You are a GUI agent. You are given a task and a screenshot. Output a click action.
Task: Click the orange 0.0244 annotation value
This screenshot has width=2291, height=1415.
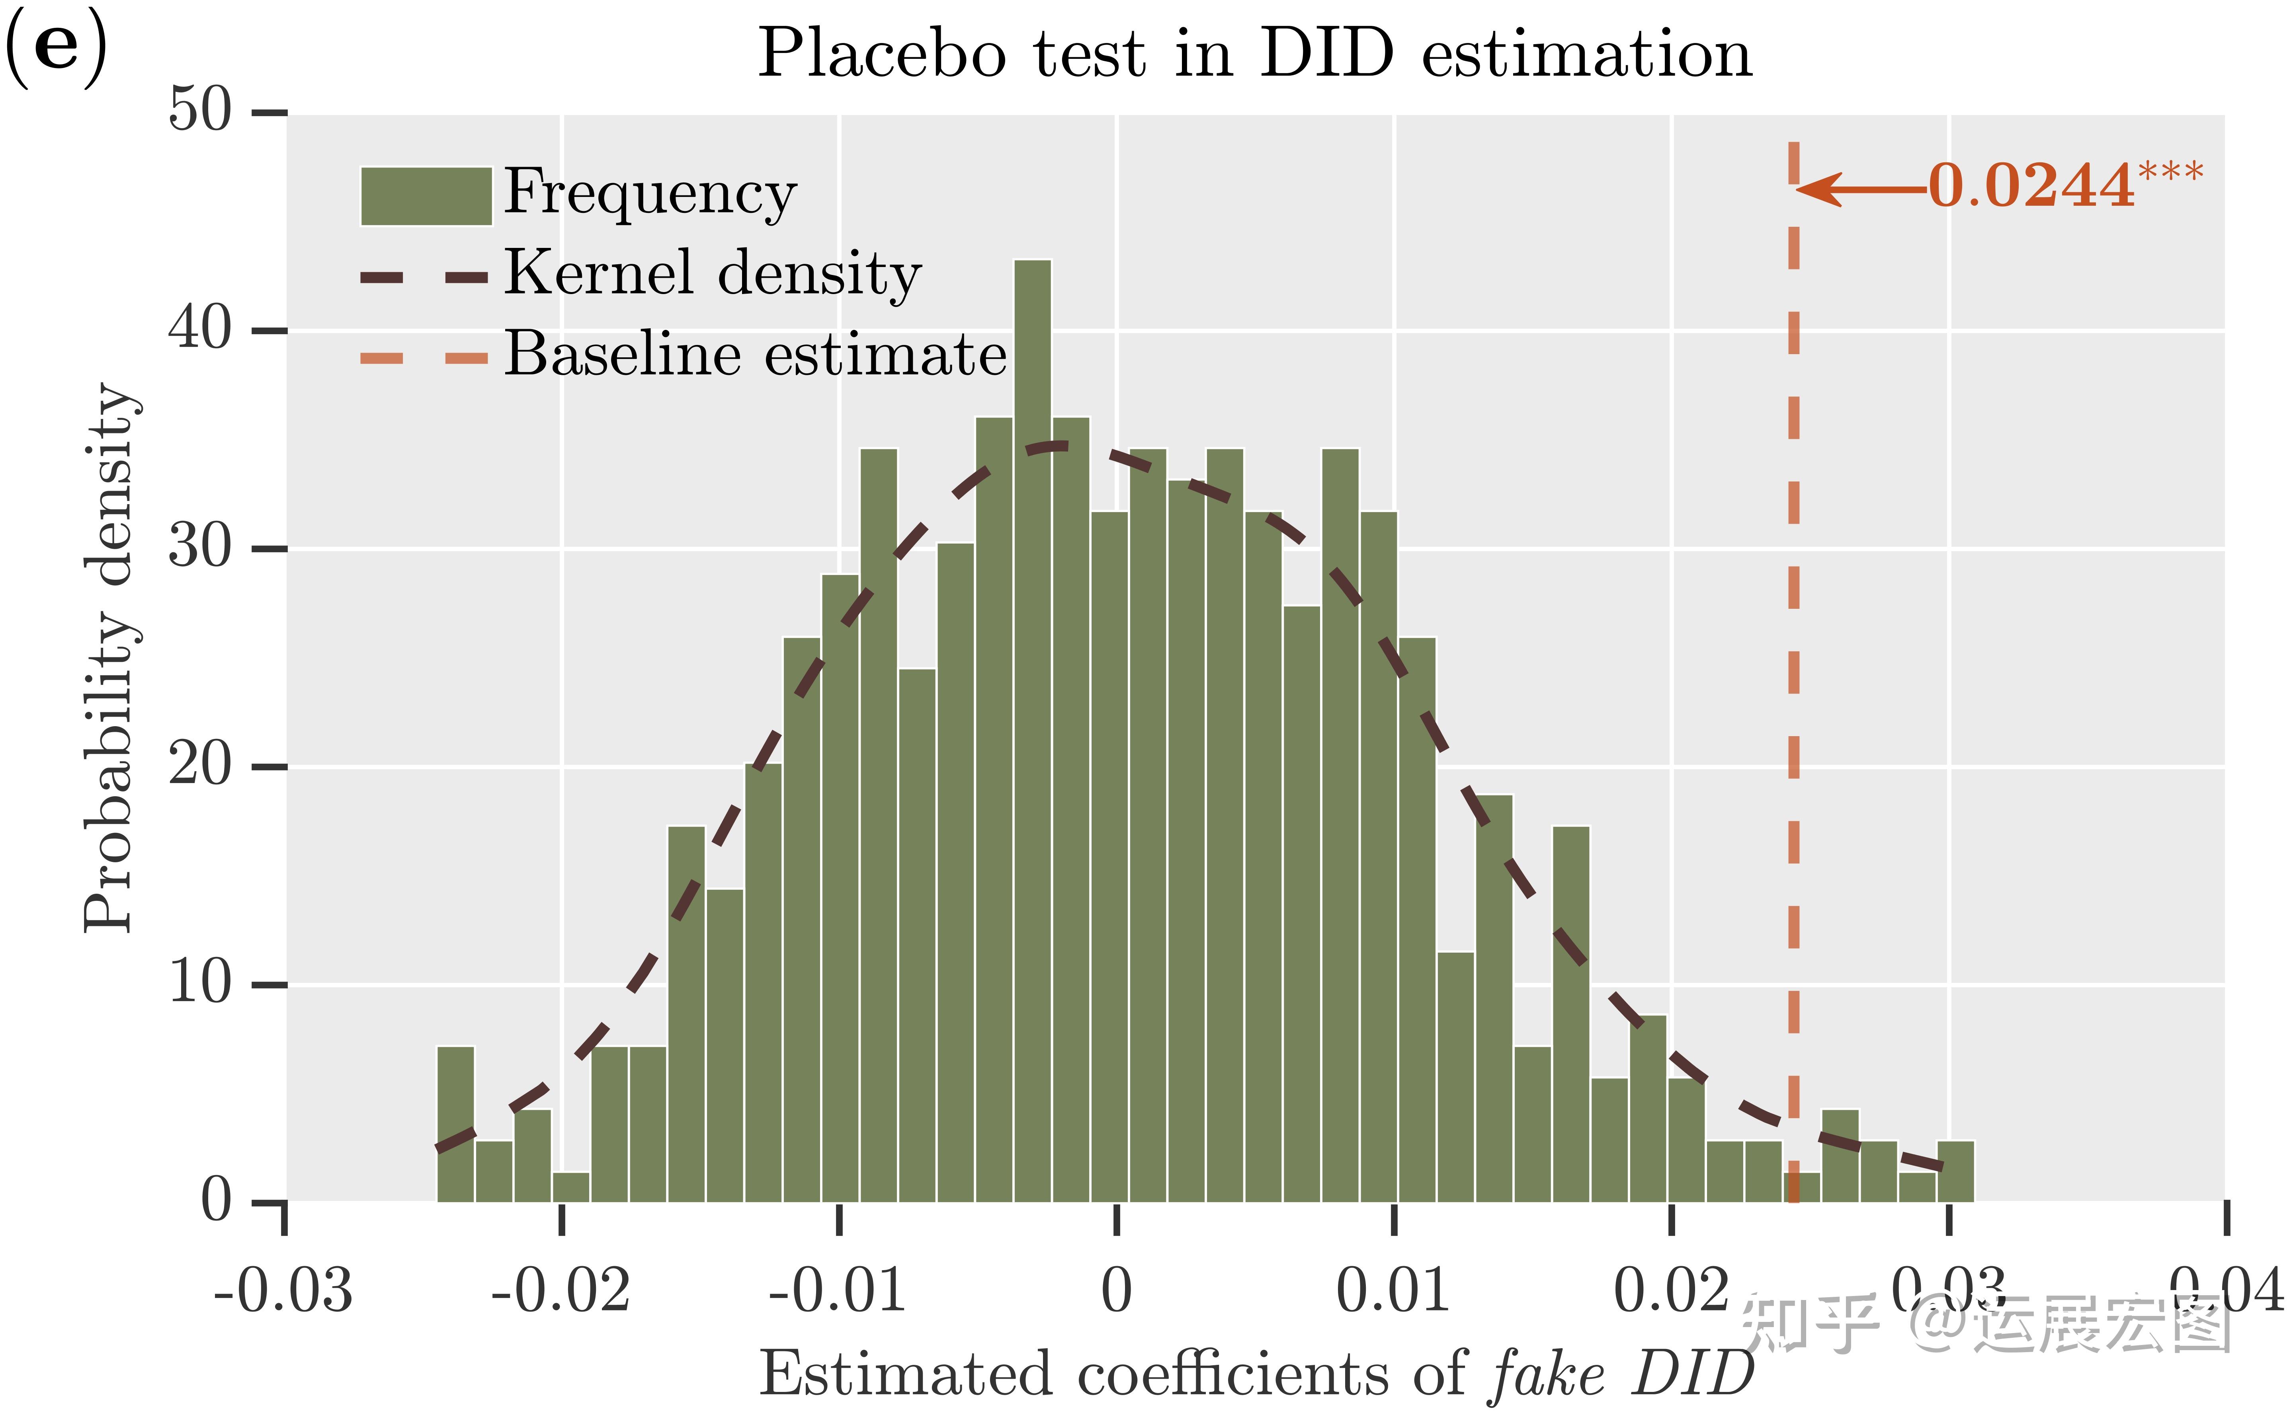pos(2032,185)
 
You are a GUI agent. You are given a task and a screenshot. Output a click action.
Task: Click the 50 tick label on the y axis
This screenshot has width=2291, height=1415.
pos(199,111)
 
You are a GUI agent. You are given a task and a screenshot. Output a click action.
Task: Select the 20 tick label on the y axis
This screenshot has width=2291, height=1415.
pos(199,766)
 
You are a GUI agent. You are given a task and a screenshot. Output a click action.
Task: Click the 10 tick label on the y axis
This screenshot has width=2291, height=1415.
pos(199,984)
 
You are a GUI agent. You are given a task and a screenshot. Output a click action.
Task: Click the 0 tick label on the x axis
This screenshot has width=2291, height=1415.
pos(1116,1292)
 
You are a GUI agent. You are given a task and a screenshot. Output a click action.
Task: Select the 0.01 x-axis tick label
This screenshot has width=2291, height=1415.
pos(1393,1292)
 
